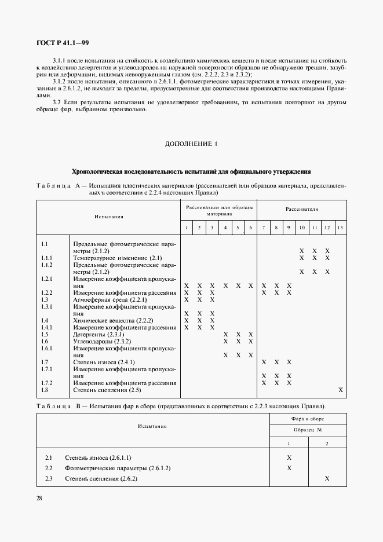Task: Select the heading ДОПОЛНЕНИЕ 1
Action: coord(191,144)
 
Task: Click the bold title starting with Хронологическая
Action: coord(191,171)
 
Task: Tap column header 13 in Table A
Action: coord(340,228)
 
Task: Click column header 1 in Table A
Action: coord(187,228)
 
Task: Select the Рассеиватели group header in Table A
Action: coord(301,209)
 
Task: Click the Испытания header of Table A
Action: coord(109,217)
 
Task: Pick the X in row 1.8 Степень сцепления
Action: coord(341,390)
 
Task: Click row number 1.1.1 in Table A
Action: coord(47,258)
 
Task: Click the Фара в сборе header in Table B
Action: coord(308,418)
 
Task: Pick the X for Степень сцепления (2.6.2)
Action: coord(327,478)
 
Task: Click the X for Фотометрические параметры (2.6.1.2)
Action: coord(289,468)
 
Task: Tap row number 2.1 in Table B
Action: coord(49,457)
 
